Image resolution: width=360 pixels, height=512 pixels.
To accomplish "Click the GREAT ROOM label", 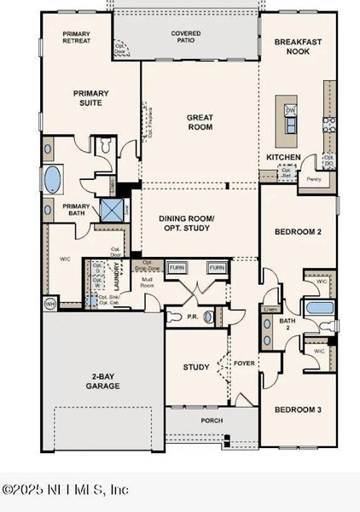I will (200, 121).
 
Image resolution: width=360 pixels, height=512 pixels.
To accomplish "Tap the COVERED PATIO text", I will (185, 37).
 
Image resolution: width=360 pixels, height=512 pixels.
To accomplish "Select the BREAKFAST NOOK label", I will (299, 46).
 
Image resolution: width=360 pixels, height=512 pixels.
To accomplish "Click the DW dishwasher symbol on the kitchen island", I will (290, 110).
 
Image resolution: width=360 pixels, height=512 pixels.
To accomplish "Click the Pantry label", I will (313, 179).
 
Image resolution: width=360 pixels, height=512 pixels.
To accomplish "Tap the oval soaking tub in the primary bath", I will (53, 180).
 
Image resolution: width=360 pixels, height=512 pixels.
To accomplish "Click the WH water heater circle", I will (49, 303).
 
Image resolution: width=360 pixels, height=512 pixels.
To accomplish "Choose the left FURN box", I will (177, 268).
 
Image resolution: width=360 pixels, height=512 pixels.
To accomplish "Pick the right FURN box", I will (217, 268).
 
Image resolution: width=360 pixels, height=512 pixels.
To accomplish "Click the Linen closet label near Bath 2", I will (270, 309).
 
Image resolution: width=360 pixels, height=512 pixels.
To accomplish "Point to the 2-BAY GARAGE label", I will (102, 381).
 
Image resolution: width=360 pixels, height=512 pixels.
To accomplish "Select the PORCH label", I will (212, 421).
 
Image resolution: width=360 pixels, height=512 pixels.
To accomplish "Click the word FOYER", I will (245, 363).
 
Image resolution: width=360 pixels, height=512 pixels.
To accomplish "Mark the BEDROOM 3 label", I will (298, 410).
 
